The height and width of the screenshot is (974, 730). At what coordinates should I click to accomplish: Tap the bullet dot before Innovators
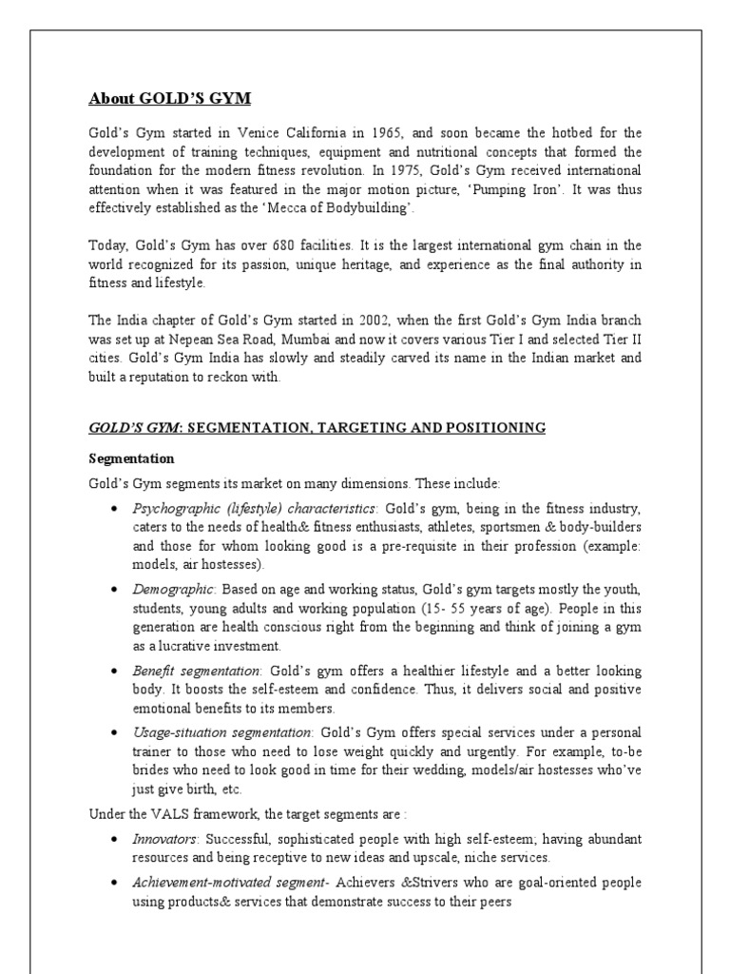coord(115,839)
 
